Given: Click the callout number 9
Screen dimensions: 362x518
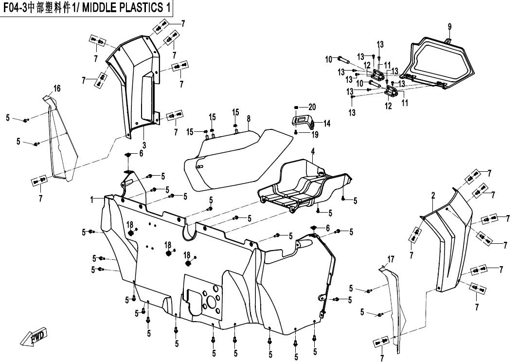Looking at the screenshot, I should coord(449,26).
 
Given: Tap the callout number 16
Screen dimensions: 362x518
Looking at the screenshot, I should coord(57,88).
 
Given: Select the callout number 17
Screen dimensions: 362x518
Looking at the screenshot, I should coord(391,258).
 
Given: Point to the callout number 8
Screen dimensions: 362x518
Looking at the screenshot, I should coord(248,118).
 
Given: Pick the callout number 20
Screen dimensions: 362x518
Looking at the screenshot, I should coord(312,107).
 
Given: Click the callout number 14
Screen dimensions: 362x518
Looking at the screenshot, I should coord(327,124).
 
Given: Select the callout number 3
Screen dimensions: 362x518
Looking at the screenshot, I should coord(144,145).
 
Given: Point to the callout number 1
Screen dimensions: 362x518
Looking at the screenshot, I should coord(91,199).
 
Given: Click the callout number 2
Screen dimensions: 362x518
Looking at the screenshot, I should coord(432,196).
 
